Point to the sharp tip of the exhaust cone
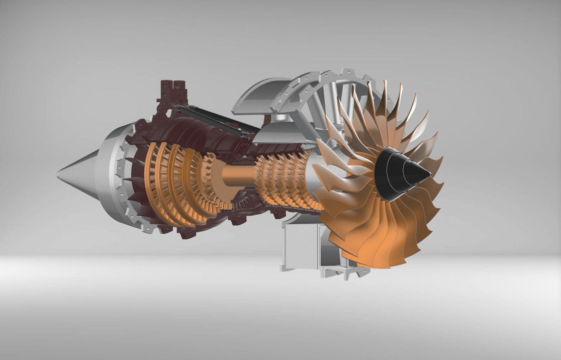[x=58, y=174]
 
